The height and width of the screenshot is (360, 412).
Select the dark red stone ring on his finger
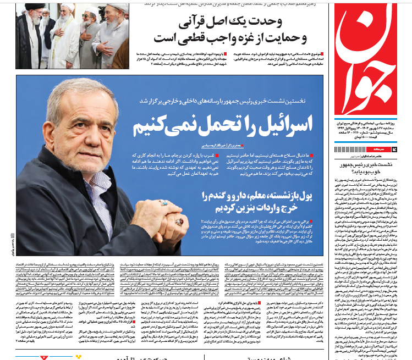178,222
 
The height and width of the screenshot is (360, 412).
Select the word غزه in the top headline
218,40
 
